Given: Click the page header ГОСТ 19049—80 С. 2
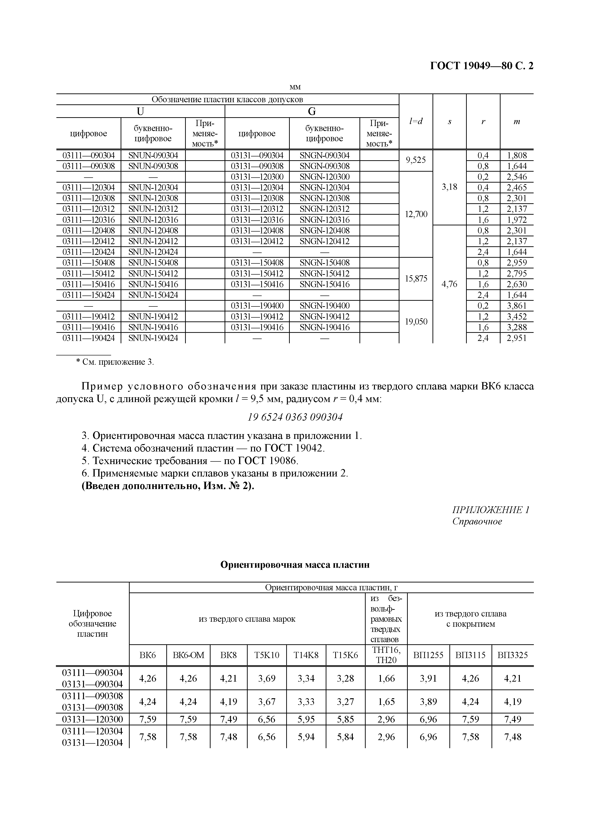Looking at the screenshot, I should coord(482,66).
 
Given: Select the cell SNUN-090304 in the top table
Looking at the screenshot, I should coord(153,155).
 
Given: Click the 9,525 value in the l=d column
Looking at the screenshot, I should coord(416,160).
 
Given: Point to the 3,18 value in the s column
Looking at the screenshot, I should coord(449,187).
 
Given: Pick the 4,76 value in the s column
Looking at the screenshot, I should coord(449,284).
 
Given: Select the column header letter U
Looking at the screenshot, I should coord(140,112).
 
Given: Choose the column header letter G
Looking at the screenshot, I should coord(312,112).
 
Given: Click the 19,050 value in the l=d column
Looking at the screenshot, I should coord(416,321).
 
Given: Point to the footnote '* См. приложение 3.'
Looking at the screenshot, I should coord(115,362).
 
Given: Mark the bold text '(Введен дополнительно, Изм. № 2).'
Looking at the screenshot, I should coord(168,486).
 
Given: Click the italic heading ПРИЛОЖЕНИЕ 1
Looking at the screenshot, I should coord(491,510).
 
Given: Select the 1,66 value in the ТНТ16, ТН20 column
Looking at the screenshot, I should coord(386,678).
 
